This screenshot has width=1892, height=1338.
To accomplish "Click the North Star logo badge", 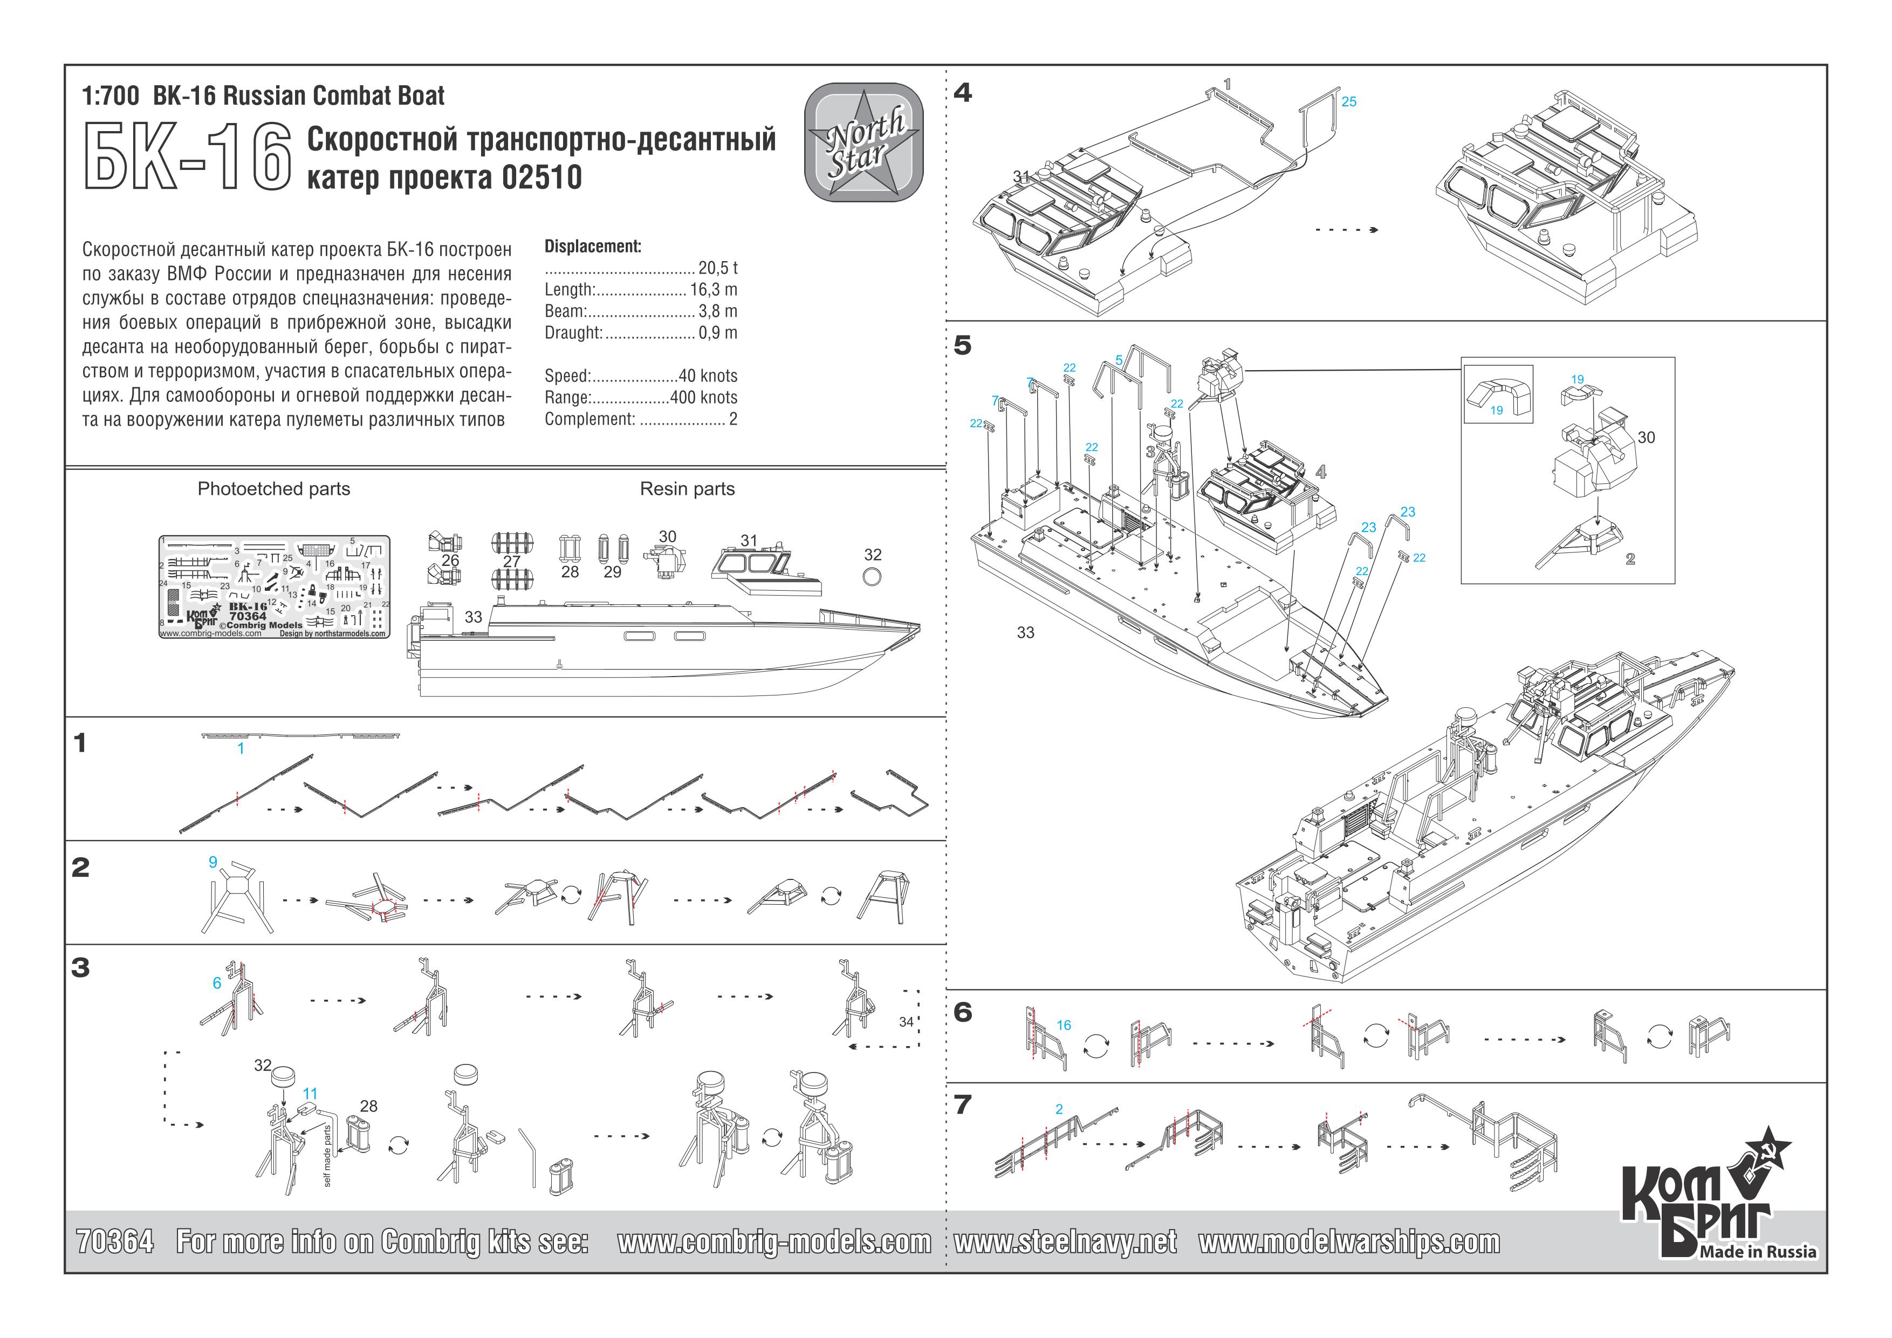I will tap(863, 142).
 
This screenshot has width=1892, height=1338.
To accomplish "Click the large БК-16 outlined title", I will tap(188, 158).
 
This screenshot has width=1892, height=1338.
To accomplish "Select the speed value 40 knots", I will tap(708, 376).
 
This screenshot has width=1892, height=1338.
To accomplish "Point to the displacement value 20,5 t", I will tap(718, 268).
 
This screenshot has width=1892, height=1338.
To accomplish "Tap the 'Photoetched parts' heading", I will tap(273, 489).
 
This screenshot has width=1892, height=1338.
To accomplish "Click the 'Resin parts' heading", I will tap(687, 489).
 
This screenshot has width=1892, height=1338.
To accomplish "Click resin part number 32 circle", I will tap(872, 576).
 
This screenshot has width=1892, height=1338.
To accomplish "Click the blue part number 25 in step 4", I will tap(1349, 102).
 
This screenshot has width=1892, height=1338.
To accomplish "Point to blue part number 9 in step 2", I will tap(212, 862).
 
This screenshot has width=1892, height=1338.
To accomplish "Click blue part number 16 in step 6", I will tap(1064, 1026).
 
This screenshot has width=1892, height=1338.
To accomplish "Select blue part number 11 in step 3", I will tap(310, 1094).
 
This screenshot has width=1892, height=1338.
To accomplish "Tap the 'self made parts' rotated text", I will tap(327, 1156).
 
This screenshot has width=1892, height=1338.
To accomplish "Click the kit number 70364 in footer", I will tap(114, 1241).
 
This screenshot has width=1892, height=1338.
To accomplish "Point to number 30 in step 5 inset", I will tap(1646, 438).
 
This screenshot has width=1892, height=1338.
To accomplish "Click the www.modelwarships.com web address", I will tap(1349, 1241).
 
